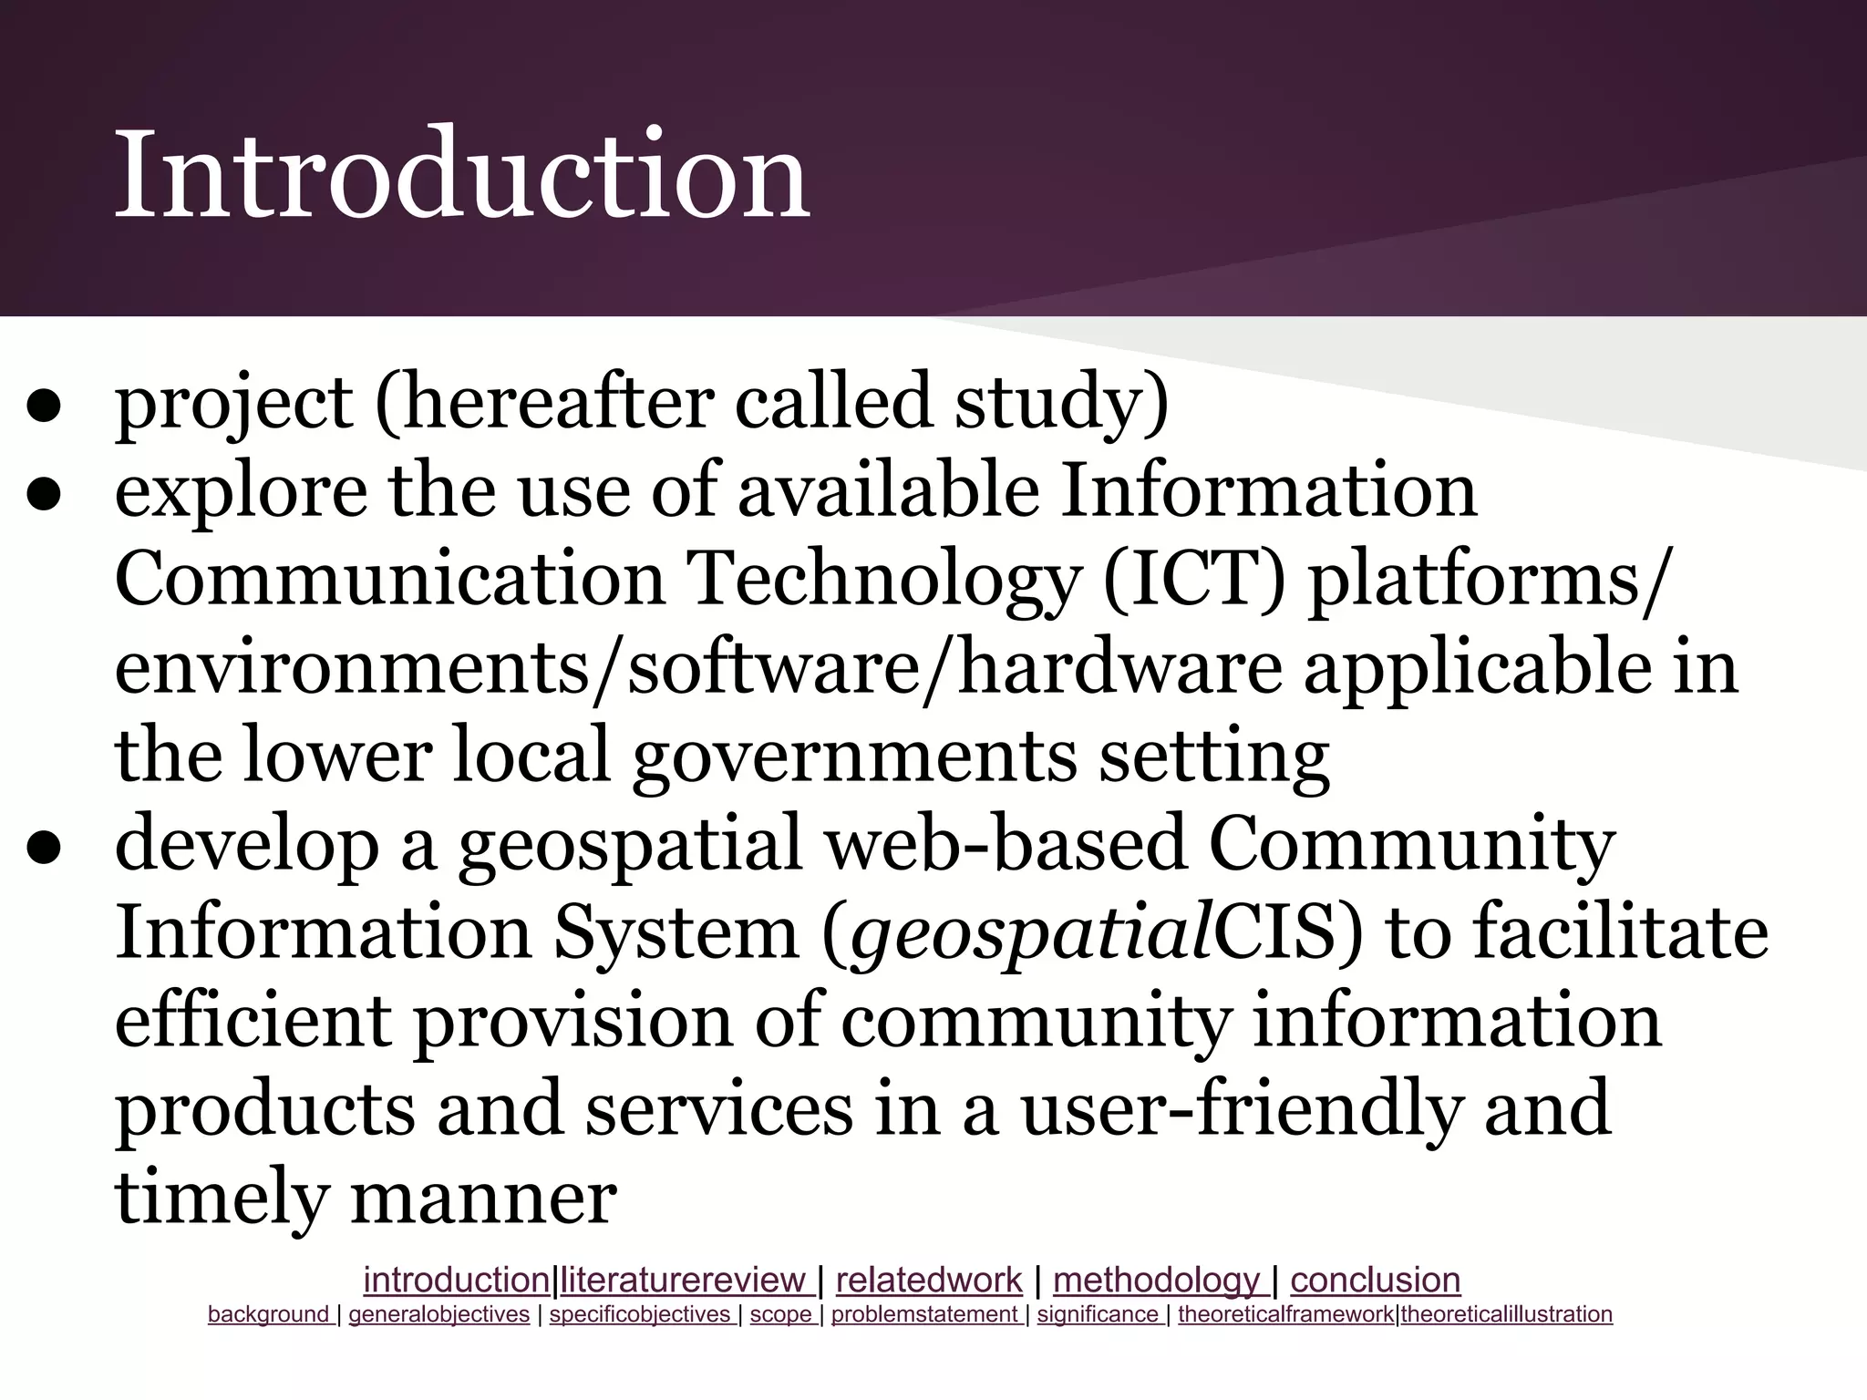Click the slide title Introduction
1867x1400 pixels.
[461, 173]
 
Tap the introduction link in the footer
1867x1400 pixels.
[457, 1280]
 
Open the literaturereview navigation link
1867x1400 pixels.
[685, 1280]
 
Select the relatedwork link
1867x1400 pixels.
[928, 1280]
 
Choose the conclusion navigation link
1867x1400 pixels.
[1375, 1280]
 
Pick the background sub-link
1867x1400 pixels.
[269, 1314]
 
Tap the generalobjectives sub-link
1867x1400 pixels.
[438, 1314]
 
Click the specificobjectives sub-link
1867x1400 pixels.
[641, 1314]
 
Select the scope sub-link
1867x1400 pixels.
[781, 1314]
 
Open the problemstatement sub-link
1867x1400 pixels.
[924, 1314]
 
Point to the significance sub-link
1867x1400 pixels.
[1098, 1314]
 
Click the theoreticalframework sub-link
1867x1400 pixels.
[1285, 1314]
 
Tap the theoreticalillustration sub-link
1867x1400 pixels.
[1506, 1314]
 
